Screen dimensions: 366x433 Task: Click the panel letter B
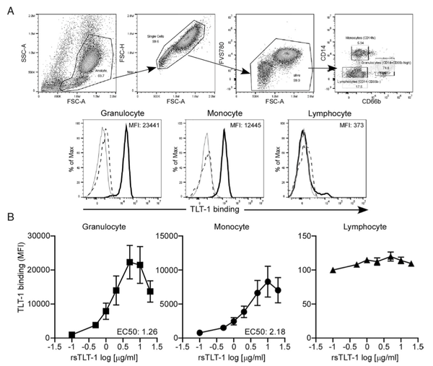[x=8, y=215]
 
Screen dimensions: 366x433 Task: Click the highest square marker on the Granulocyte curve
[x=129, y=262]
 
